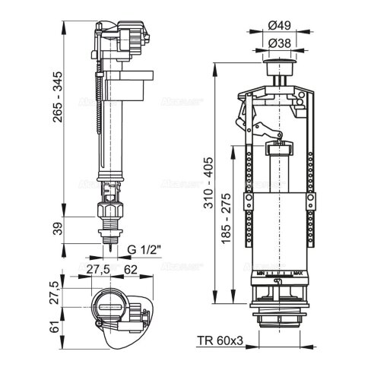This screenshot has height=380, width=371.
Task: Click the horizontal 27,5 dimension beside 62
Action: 97,268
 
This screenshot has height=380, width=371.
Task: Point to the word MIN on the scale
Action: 261,273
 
